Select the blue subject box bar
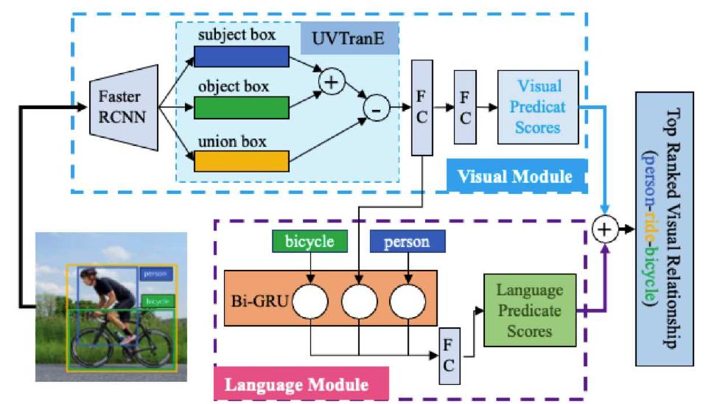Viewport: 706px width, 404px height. point(241,56)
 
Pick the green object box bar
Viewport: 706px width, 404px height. point(241,107)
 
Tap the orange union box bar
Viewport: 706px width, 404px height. point(241,160)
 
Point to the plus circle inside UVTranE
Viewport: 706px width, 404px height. point(332,83)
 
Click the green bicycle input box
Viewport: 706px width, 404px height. point(310,242)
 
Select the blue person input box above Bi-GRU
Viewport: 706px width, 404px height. point(408,242)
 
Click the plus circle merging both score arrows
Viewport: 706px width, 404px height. point(604,229)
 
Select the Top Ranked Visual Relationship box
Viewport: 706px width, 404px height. point(668,229)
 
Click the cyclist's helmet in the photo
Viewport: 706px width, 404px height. point(89,271)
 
